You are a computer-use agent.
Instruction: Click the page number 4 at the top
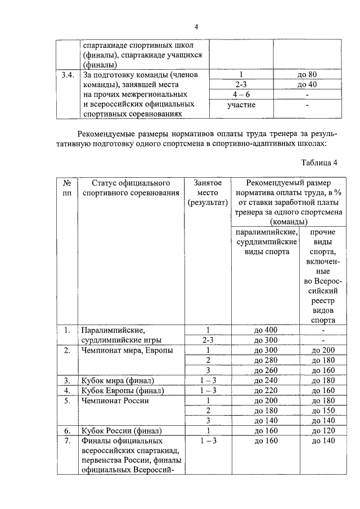pos(196,26)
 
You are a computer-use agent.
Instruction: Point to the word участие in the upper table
pos(241,105)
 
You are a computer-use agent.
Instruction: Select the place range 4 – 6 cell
pos(241,94)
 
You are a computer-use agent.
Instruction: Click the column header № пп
pos(67,188)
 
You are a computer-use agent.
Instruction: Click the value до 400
pos(263,330)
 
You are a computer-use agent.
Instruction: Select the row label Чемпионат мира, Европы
pos(118,350)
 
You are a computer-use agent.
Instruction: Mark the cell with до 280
pos(263,360)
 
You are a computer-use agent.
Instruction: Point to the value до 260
pos(263,370)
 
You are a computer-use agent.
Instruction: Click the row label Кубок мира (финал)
pos(117,380)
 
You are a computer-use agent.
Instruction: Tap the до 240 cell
pos(263,380)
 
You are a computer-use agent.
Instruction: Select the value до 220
pos(263,390)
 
